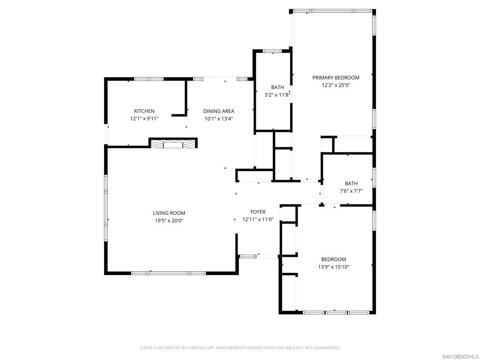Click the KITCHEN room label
[x=144, y=111]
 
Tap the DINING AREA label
[x=218, y=111]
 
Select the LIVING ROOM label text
[x=169, y=213]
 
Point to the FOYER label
[x=258, y=212]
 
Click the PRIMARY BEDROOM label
[x=336, y=78]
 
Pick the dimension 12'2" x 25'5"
[x=336, y=85]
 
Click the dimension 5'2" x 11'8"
[x=277, y=95]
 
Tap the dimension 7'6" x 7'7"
[x=351, y=191]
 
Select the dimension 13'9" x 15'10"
[x=334, y=267]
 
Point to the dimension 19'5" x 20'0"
[x=169, y=220]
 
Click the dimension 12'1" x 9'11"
[x=144, y=119]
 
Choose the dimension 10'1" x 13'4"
[x=218, y=119]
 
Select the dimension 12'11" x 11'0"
[x=258, y=219]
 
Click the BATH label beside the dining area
[x=277, y=88]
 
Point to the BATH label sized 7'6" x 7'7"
[x=351, y=184]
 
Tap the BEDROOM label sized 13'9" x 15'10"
[x=334, y=260]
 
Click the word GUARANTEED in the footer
[x=328, y=348]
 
